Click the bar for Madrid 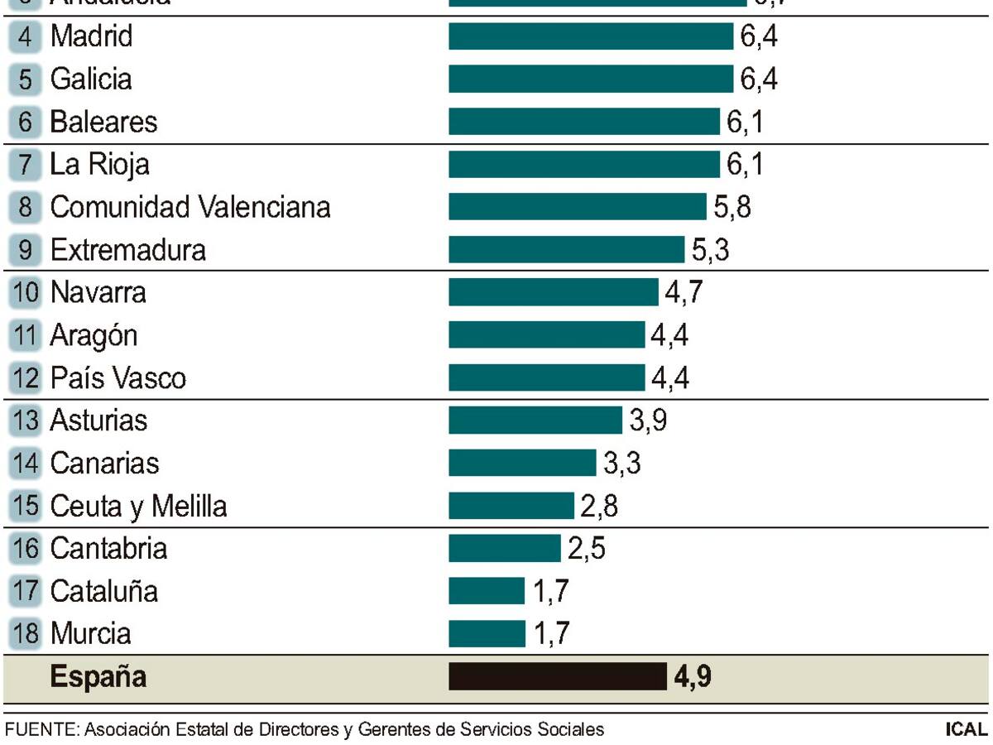pyautogui.click(x=591, y=36)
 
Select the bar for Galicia pyautogui.click(x=591, y=79)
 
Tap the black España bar pyautogui.click(x=557, y=676)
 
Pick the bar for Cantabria pyautogui.click(x=505, y=548)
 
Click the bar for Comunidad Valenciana pyautogui.click(x=578, y=206)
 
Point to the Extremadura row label pyautogui.click(x=127, y=249)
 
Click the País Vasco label pyautogui.click(x=118, y=378)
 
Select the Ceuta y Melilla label pyautogui.click(x=138, y=506)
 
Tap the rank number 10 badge pyautogui.click(x=26, y=292)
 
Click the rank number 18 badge pyautogui.click(x=26, y=634)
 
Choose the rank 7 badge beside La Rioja pyautogui.click(x=26, y=164)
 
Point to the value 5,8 pyautogui.click(x=732, y=207)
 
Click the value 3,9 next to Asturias pyautogui.click(x=648, y=421)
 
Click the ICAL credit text pyautogui.click(x=966, y=730)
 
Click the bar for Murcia pyautogui.click(x=487, y=634)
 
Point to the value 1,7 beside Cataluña pyautogui.click(x=550, y=592)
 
